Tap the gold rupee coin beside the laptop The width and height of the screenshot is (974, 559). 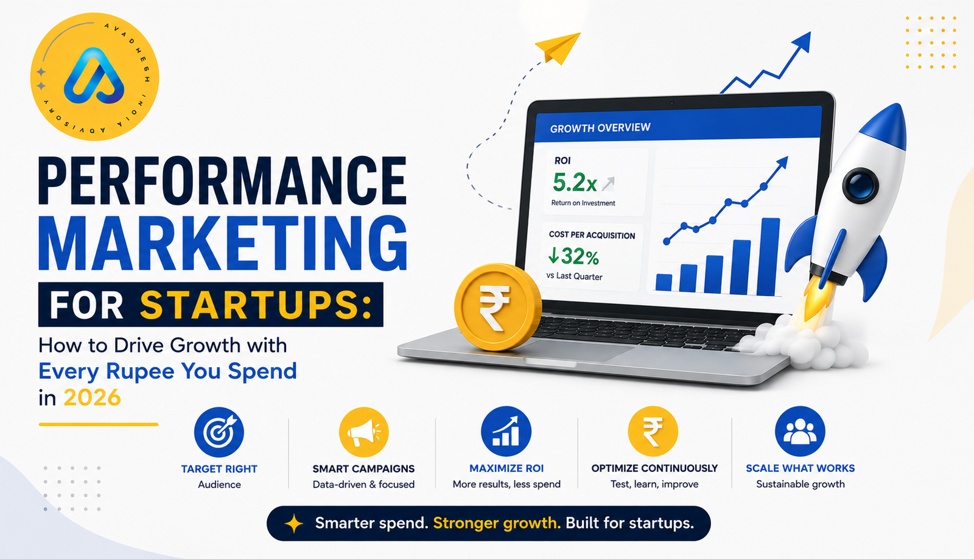[x=497, y=307]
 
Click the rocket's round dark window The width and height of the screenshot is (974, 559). [x=860, y=185]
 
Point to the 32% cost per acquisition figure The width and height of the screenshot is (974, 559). [x=573, y=256]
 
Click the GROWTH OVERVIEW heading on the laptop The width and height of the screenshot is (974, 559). [x=600, y=128]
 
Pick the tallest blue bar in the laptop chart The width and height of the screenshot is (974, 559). [x=768, y=256]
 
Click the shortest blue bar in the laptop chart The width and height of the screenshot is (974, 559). [x=664, y=283]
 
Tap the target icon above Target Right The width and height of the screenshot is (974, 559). [x=219, y=432]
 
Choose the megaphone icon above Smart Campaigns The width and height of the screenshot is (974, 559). [x=363, y=432]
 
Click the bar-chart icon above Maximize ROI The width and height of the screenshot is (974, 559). [x=506, y=432]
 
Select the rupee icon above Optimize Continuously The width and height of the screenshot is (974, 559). [x=653, y=432]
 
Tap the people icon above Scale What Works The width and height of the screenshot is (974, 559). [x=800, y=432]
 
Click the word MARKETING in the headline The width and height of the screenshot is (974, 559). [x=223, y=244]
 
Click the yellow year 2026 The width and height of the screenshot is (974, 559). [x=92, y=398]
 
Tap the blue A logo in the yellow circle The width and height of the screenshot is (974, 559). [x=94, y=76]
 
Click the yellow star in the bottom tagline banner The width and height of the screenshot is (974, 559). [x=294, y=523]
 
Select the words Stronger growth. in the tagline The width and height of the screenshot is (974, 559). [x=497, y=523]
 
